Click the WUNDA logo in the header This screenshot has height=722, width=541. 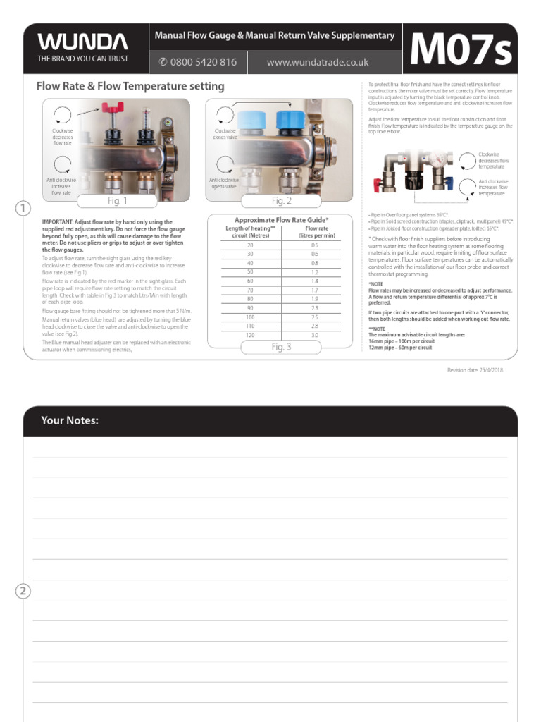pyautogui.click(x=82, y=41)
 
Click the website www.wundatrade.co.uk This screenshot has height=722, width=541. pyautogui.click(x=318, y=62)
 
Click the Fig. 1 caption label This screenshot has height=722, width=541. pyautogui.click(x=118, y=201)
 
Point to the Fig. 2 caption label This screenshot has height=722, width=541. pyautogui.click(x=282, y=201)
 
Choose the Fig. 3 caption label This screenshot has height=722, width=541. pyautogui.click(x=281, y=347)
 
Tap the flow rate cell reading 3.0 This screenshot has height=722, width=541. pyautogui.click(x=314, y=335)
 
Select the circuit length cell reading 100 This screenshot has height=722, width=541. pyautogui.click(x=250, y=317)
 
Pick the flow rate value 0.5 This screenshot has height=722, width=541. pyautogui.click(x=314, y=245)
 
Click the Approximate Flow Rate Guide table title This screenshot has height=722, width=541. pyautogui.click(x=281, y=220)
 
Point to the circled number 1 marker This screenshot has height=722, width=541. pyautogui.click(x=23, y=208)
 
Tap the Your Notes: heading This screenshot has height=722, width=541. pyautogui.click(x=70, y=421)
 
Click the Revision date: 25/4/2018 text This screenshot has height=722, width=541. pyautogui.click(x=475, y=370)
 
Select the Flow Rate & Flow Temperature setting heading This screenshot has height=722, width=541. pyautogui.click(x=130, y=87)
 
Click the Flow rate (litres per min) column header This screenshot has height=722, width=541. pyautogui.click(x=314, y=232)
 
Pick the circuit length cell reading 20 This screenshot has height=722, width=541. pyautogui.click(x=250, y=245)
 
